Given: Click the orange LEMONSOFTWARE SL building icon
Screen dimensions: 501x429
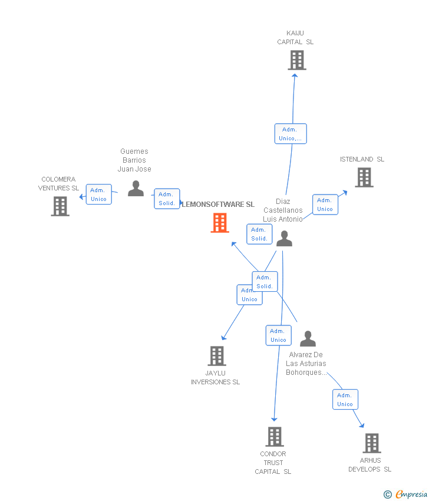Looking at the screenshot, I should click(x=220, y=223).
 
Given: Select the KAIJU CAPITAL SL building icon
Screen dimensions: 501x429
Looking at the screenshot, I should click(x=297, y=60).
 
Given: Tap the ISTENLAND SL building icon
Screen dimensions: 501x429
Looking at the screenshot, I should click(x=364, y=177).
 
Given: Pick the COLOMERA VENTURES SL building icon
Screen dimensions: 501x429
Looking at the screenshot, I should click(x=60, y=206).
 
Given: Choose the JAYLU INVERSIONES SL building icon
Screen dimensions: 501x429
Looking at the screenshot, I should click(x=217, y=356).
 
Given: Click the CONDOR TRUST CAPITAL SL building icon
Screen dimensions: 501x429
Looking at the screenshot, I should click(x=275, y=437).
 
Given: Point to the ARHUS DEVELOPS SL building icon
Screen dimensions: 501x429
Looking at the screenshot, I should click(x=372, y=443).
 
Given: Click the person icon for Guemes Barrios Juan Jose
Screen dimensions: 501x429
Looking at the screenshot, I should click(x=136, y=189).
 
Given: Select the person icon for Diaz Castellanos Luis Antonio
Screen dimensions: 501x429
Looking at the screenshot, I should click(x=285, y=239).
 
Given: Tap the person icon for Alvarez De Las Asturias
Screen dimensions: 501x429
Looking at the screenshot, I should click(x=308, y=339).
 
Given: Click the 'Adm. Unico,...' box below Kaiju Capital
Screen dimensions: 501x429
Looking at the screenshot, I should click(x=291, y=134).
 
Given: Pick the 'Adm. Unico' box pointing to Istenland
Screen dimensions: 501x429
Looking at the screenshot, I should click(x=325, y=205).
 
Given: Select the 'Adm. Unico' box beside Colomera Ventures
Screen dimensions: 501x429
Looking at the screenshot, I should click(x=98, y=195).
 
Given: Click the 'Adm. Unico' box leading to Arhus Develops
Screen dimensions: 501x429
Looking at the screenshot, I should click(x=345, y=400).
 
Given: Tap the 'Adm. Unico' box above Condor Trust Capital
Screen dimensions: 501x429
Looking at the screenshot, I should click(x=278, y=335).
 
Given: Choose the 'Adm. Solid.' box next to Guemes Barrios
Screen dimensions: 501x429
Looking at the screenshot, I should click(x=167, y=199).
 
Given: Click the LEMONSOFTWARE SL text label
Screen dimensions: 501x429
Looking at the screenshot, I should click(x=218, y=205).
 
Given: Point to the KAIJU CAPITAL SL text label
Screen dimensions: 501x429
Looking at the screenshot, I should click(x=295, y=38).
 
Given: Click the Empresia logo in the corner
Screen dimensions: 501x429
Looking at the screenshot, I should click(x=406, y=494).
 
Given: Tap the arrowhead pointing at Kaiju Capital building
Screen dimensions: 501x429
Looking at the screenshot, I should click(x=295, y=74).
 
